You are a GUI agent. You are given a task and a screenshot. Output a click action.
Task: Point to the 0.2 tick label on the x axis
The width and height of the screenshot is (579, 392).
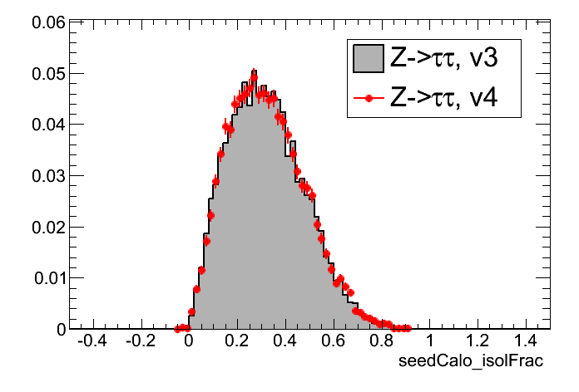236,341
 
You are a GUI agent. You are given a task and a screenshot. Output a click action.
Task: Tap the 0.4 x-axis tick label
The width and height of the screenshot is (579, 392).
285,341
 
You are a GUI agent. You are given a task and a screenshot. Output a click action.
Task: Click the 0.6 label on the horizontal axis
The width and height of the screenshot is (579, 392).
333,341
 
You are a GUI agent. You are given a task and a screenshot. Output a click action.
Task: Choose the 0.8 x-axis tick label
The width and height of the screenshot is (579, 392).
381,341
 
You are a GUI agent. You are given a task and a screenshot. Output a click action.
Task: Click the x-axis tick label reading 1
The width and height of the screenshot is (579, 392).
429,341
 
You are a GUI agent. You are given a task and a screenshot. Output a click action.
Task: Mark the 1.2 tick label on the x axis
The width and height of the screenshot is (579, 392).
478,341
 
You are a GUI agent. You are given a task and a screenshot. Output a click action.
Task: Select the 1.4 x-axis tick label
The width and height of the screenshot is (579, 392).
526,341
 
